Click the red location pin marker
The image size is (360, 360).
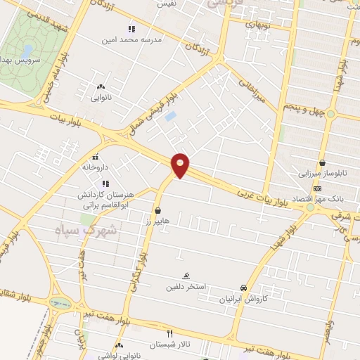[181, 165]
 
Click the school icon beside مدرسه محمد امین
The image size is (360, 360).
[131, 29]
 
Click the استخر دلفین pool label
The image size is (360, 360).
[185, 287]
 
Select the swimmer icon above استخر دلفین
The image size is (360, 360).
[186, 276]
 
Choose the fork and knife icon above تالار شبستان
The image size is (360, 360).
[169, 333]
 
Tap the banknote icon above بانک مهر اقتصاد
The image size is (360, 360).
[317, 188]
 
